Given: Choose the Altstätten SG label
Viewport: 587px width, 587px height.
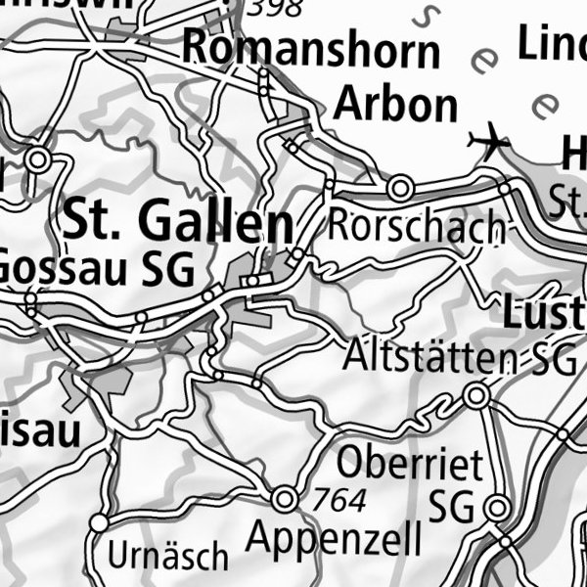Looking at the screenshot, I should pos(460,358).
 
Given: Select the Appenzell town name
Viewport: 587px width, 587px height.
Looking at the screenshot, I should pos(334,537).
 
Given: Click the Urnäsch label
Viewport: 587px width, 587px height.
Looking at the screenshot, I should pos(167,557).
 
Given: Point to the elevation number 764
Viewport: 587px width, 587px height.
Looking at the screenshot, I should pos(339,502).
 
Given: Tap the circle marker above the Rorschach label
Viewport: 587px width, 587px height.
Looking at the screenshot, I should pos(400,186).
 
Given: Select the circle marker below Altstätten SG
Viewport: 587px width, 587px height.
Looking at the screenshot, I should pos(476,396).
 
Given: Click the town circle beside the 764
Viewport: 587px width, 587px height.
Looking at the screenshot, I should pos(285,499).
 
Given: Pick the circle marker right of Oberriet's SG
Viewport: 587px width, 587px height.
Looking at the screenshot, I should pos(497,509).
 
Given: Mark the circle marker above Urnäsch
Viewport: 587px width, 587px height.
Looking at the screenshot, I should pos(99,524).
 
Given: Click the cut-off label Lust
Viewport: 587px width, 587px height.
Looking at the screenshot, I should pos(543,315).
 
